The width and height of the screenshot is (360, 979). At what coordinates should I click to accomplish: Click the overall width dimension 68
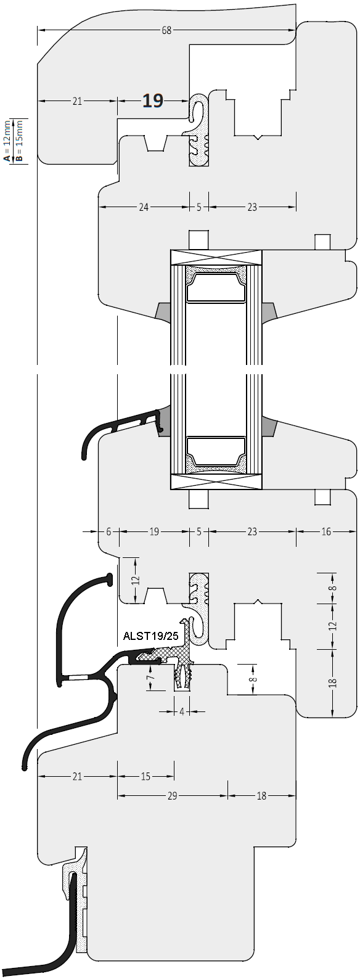tap(166, 30)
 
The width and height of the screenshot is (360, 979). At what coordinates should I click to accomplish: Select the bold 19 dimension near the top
tap(153, 101)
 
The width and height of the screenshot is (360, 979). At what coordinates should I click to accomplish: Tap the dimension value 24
tap(143, 207)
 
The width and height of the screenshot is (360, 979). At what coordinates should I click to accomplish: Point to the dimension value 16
tap(326, 532)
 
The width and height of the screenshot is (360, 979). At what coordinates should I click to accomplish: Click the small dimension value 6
tap(108, 532)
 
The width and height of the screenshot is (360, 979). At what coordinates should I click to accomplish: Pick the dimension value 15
tap(145, 777)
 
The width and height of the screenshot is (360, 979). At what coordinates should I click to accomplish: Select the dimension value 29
tap(172, 796)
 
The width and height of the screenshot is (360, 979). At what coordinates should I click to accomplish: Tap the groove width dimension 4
tap(182, 711)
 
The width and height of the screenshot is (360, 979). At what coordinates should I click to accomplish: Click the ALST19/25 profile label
tap(151, 636)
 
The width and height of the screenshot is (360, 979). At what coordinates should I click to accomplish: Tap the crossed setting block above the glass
tap(216, 258)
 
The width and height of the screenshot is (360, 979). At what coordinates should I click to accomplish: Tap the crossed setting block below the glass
tap(216, 481)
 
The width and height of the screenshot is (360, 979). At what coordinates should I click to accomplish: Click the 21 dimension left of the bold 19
tap(77, 101)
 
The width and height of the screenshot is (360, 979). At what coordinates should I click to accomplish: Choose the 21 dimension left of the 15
tap(77, 777)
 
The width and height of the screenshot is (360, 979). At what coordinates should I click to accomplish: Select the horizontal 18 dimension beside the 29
tap(261, 796)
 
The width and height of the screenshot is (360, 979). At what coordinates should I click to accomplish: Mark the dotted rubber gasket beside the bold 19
tap(198, 130)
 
